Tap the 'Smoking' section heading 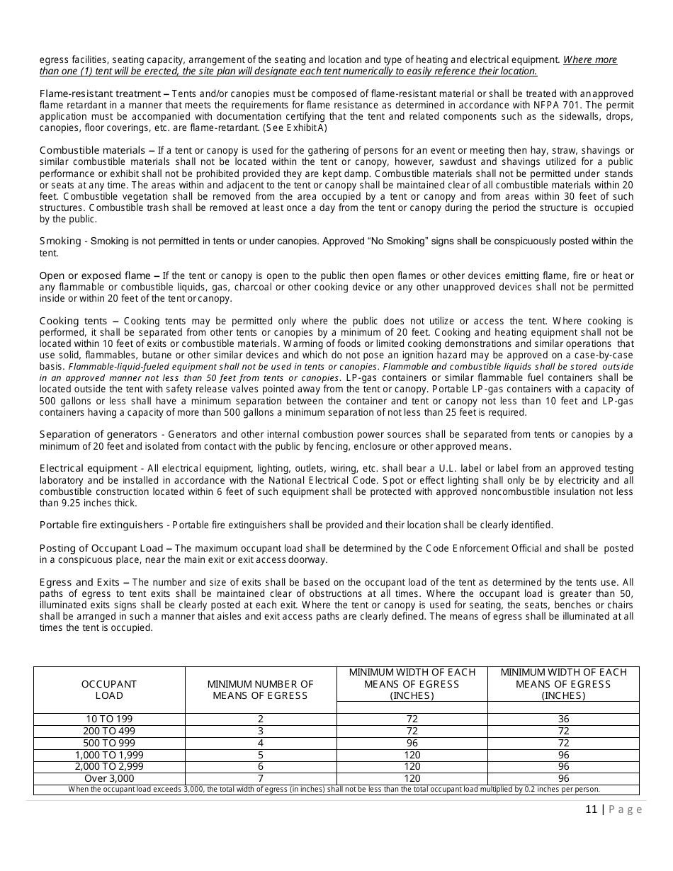(60, 241)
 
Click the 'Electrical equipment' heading (89, 468)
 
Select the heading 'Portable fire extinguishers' (101, 525)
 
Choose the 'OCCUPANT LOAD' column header (109, 690)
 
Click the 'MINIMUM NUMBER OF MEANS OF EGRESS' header (260, 690)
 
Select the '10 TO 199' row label (109, 719)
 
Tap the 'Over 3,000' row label (109, 778)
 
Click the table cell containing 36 (563, 719)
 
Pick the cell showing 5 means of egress (260, 755)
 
